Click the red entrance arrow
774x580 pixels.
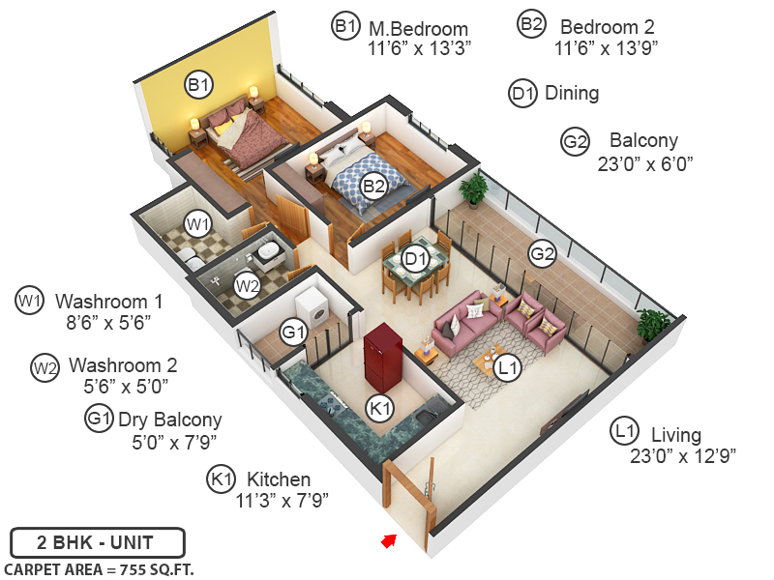click(389, 540)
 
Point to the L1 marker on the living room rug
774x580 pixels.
click(507, 366)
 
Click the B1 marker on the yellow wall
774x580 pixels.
click(198, 86)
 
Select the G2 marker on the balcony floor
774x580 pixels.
click(542, 254)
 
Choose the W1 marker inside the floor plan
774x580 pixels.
click(198, 224)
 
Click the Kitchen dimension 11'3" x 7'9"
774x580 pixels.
click(283, 501)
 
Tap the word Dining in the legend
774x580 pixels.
click(572, 94)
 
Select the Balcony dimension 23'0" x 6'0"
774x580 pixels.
click(645, 163)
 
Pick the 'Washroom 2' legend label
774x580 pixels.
click(123, 366)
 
